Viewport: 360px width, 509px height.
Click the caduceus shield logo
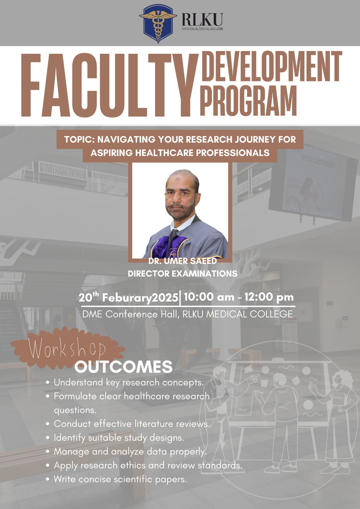pyautogui.click(x=158, y=24)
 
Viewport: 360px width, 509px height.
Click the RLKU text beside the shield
pyautogui.click(x=202, y=20)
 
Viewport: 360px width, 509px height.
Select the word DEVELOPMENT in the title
pyautogui.click(x=272, y=66)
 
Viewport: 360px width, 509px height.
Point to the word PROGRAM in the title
pyautogui.click(x=248, y=101)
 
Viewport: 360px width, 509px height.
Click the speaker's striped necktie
pyautogui.click(x=172, y=243)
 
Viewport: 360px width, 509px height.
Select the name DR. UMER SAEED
pyautogui.click(x=183, y=261)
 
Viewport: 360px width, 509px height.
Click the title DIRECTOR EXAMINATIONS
pyautogui.click(x=183, y=274)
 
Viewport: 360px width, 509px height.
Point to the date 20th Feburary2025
pyautogui.click(x=128, y=297)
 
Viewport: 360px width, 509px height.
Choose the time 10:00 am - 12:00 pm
pyautogui.click(x=239, y=297)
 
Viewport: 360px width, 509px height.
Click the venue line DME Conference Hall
pyautogui.click(x=187, y=314)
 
